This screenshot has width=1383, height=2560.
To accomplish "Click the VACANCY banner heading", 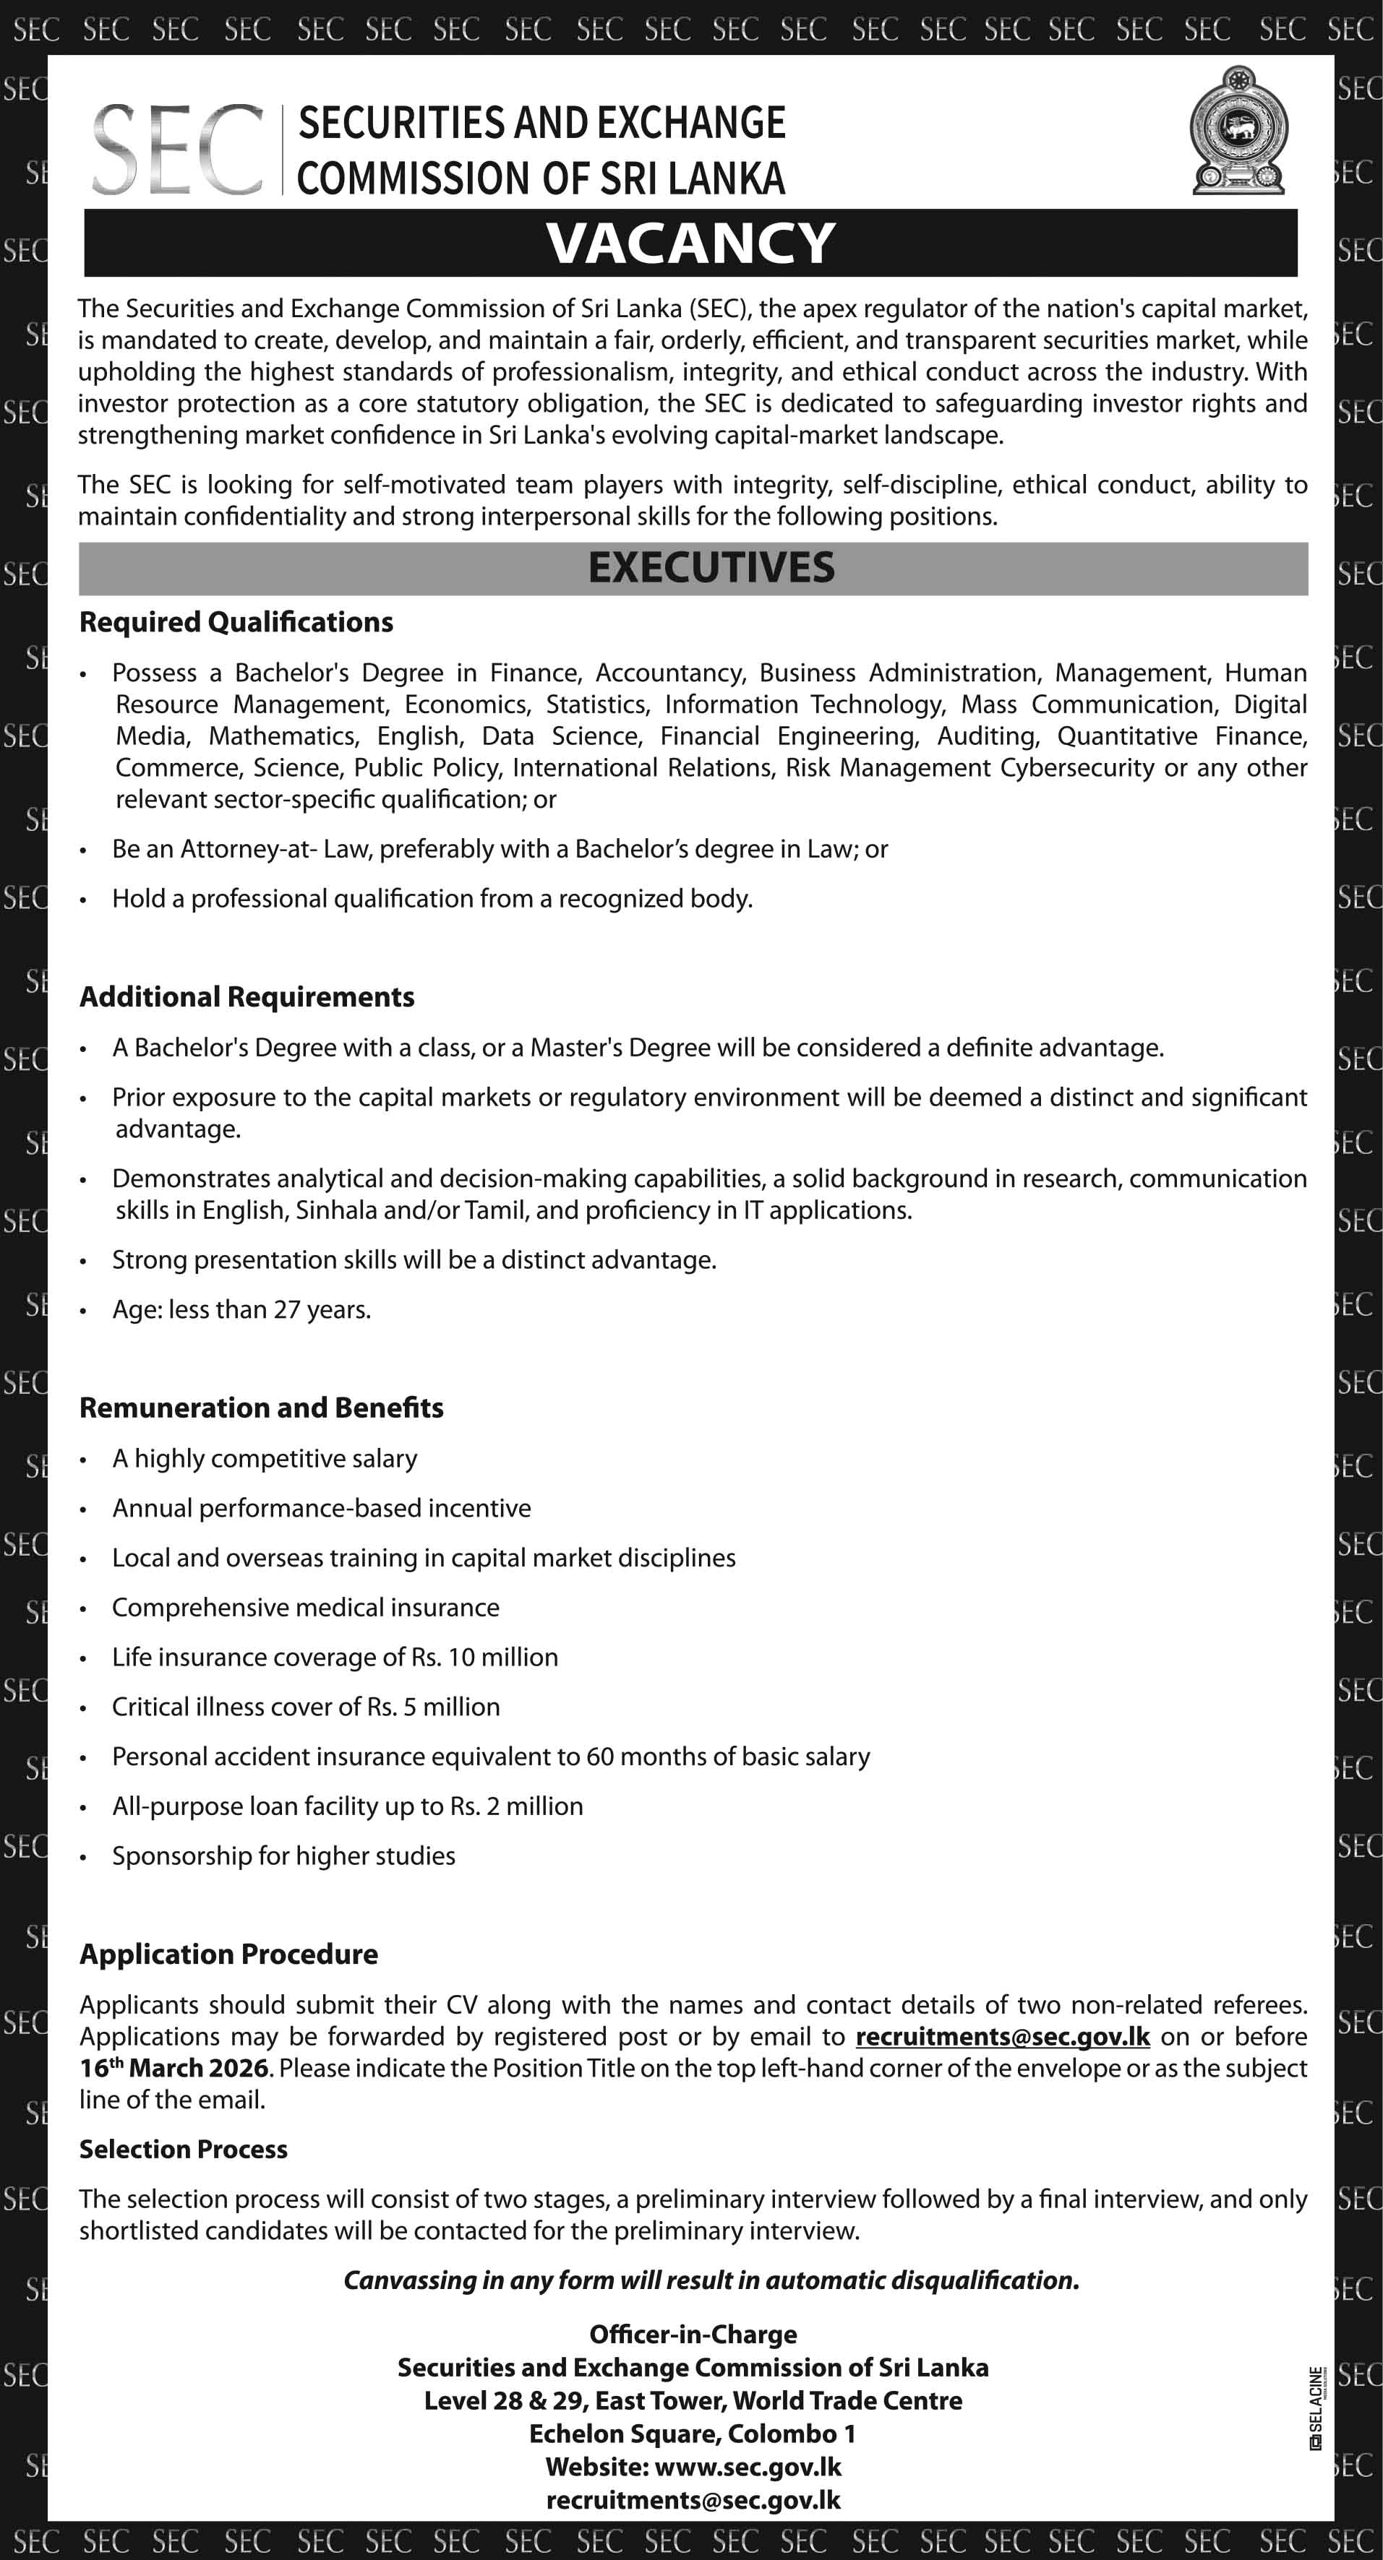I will pyautogui.click(x=691, y=243).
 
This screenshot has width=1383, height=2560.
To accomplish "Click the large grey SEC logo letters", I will pyautogui.click(x=178, y=150).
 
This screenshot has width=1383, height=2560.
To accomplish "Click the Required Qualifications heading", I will pyautogui.click(x=236, y=622).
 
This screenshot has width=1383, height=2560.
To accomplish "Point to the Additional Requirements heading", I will pyautogui.click(x=247, y=997).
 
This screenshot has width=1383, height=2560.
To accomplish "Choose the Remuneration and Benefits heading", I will pyautogui.click(x=262, y=1408).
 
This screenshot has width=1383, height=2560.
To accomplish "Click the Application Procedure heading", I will pyautogui.click(x=228, y=1954).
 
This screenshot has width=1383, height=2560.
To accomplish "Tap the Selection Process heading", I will pyautogui.click(x=183, y=2149).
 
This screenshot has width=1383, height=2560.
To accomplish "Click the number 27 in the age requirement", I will pyautogui.click(x=286, y=1310).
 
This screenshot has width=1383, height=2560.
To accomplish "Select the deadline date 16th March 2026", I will pyautogui.click(x=174, y=2068).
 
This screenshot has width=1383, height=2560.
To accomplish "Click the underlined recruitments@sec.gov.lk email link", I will pyautogui.click(x=1002, y=2036).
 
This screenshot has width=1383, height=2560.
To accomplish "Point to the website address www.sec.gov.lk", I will pyautogui.click(x=748, y=2467).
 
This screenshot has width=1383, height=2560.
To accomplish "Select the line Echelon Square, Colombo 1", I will pyautogui.click(x=692, y=2434).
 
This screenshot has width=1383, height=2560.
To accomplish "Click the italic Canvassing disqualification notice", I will pyautogui.click(x=711, y=2280).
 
